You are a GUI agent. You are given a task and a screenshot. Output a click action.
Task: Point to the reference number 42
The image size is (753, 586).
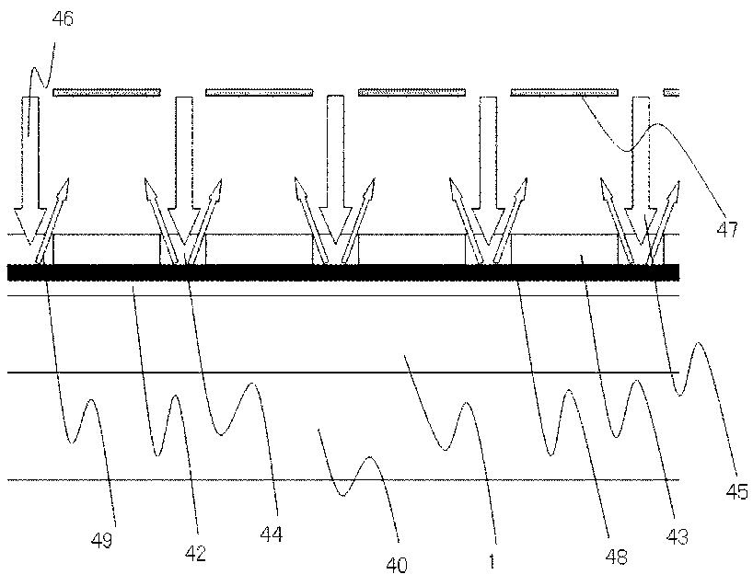pos(195,554)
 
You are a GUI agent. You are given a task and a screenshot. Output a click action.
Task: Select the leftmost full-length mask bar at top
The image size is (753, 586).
pos(107,92)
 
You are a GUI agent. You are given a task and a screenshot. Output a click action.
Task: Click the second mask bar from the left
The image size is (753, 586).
pos(260,92)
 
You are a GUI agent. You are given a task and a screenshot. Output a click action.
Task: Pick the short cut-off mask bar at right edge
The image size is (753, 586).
pos(672,92)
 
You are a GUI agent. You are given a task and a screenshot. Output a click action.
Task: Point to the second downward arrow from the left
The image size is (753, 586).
pos(183,175)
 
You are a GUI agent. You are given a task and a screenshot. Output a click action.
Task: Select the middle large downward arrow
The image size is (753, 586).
pos(336,175)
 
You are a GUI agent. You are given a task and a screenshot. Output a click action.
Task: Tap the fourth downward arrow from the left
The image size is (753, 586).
pos(489,175)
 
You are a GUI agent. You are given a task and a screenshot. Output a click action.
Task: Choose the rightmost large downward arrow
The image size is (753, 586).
pos(642,175)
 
